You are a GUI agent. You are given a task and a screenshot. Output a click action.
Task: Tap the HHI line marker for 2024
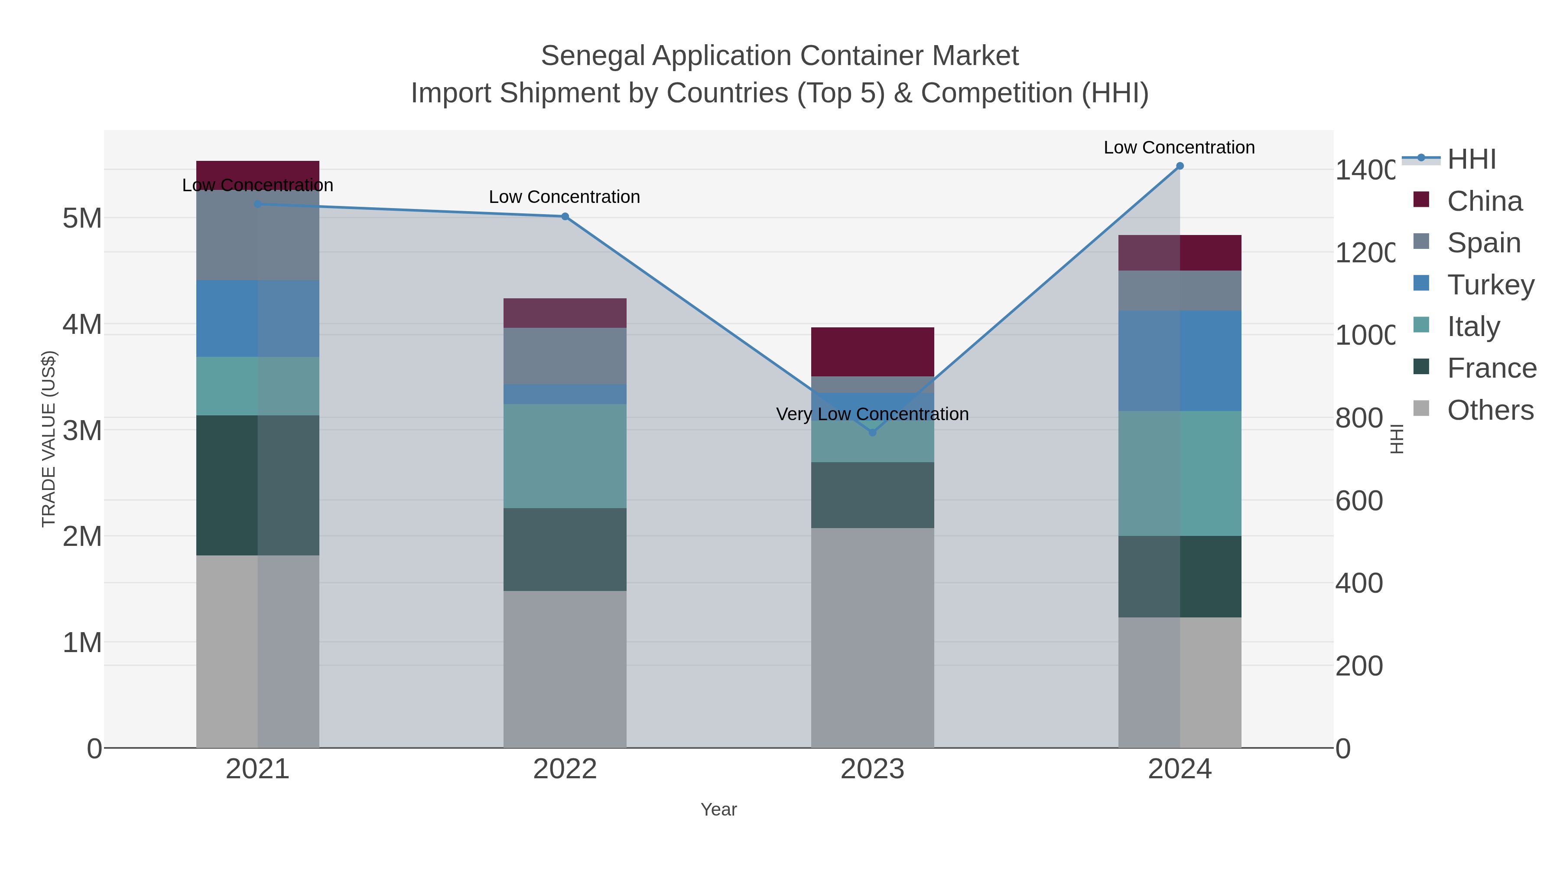pos(1180,166)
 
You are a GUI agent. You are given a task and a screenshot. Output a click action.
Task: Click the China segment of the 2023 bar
pos(872,352)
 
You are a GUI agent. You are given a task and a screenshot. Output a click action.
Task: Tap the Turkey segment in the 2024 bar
pos(1180,361)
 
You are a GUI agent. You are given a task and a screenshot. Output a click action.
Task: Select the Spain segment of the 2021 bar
pos(257,235)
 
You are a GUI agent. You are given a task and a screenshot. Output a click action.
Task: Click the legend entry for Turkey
pos(1490,284)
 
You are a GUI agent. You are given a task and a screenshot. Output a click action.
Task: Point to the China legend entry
pos(1484,201)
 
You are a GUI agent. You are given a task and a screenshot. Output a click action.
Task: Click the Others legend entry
pos(1490,410)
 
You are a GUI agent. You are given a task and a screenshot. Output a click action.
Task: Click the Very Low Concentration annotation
pos(872,415)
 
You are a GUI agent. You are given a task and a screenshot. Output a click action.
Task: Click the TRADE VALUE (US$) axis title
pos(49,439)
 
